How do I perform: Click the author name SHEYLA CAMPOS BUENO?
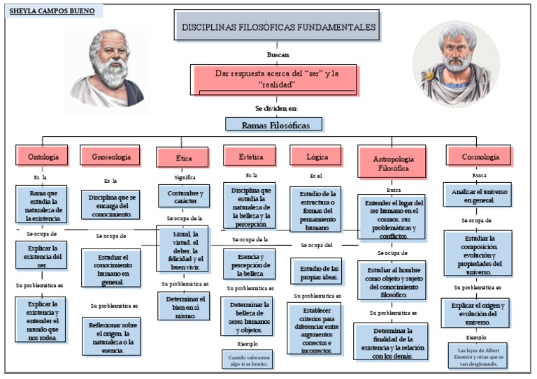50,12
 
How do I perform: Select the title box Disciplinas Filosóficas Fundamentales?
278,27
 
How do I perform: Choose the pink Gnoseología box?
111,157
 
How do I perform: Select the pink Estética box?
251,157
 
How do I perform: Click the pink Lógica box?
317,157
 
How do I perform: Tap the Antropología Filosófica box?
393,163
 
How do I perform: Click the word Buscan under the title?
278,54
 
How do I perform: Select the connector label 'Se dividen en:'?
276,108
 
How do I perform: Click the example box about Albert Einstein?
478,355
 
